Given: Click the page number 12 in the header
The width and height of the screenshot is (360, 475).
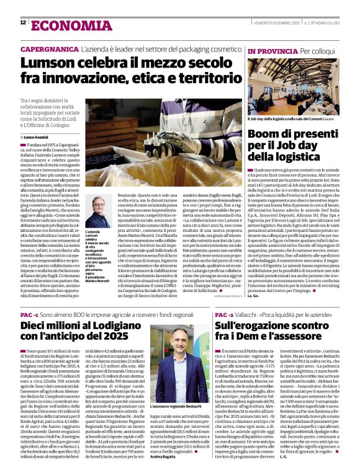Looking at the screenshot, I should coord(23,23).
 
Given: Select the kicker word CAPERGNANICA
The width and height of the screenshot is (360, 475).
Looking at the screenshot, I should coord(49,49).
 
